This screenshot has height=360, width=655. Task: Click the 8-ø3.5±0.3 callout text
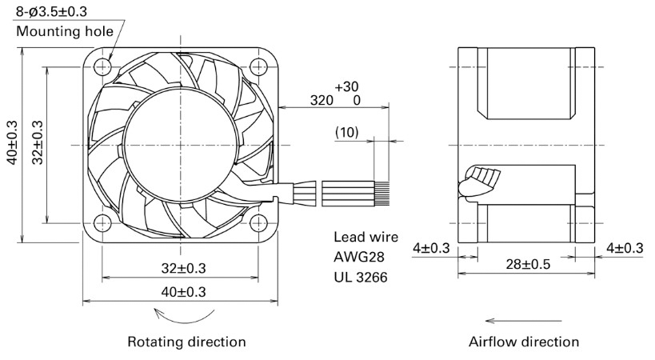(x=51, y=11)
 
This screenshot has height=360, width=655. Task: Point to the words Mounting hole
(x=65, y=31)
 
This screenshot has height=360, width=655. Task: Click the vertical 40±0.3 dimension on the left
(x=12, y=142)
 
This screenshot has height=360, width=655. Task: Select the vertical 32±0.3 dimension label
(x=37, y=142)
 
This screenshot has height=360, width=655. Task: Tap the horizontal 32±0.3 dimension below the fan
(x=183, y=268)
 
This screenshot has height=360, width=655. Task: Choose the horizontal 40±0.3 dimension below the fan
(x=183, y=291)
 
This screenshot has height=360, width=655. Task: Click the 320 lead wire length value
(x=322, y=100)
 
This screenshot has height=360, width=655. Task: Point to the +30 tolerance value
(x=346, y=86)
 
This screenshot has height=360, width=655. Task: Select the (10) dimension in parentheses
(x=347, y=132)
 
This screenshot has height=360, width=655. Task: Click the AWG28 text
(x=359, y=257)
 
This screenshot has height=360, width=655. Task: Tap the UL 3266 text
(x=361, y=277)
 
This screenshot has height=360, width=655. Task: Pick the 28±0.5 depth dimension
(x=528, y=264)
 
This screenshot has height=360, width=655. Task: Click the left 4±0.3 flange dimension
(x=431, y=248)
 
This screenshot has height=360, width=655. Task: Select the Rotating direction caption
(x=186, y=342)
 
